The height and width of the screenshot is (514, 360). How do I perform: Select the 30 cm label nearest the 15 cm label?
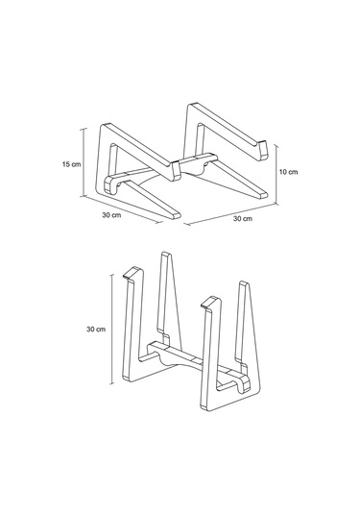(x=110, y=215)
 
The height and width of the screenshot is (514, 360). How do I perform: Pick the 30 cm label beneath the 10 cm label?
(x=242, y=220)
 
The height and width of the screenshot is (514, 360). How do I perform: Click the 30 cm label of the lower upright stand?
(x=94, y=329)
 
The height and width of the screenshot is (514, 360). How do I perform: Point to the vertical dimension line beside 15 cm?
(x=85, y=163)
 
